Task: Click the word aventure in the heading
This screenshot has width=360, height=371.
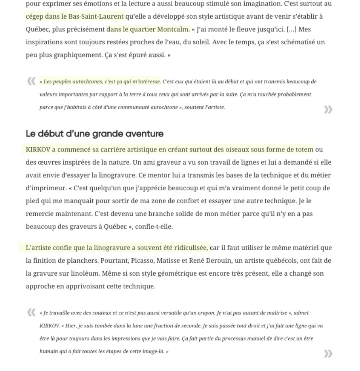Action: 145,134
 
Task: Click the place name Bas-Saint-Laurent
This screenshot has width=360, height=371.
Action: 99,17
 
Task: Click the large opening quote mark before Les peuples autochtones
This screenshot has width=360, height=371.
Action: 32,81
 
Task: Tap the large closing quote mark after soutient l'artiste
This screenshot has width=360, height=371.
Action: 328,110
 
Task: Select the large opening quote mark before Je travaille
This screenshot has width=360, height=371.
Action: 32,313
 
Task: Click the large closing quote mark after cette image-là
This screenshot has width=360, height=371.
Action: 328,354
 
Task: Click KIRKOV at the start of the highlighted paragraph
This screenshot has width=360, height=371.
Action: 38,150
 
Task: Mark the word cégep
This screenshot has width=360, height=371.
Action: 35,17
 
